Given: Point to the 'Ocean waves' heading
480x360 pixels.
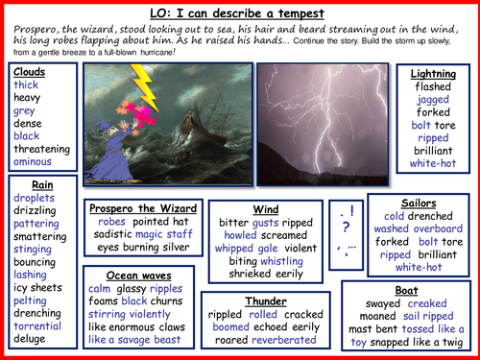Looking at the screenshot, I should coord(143,275).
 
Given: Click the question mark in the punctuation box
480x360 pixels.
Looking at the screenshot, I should coord(343,228).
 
